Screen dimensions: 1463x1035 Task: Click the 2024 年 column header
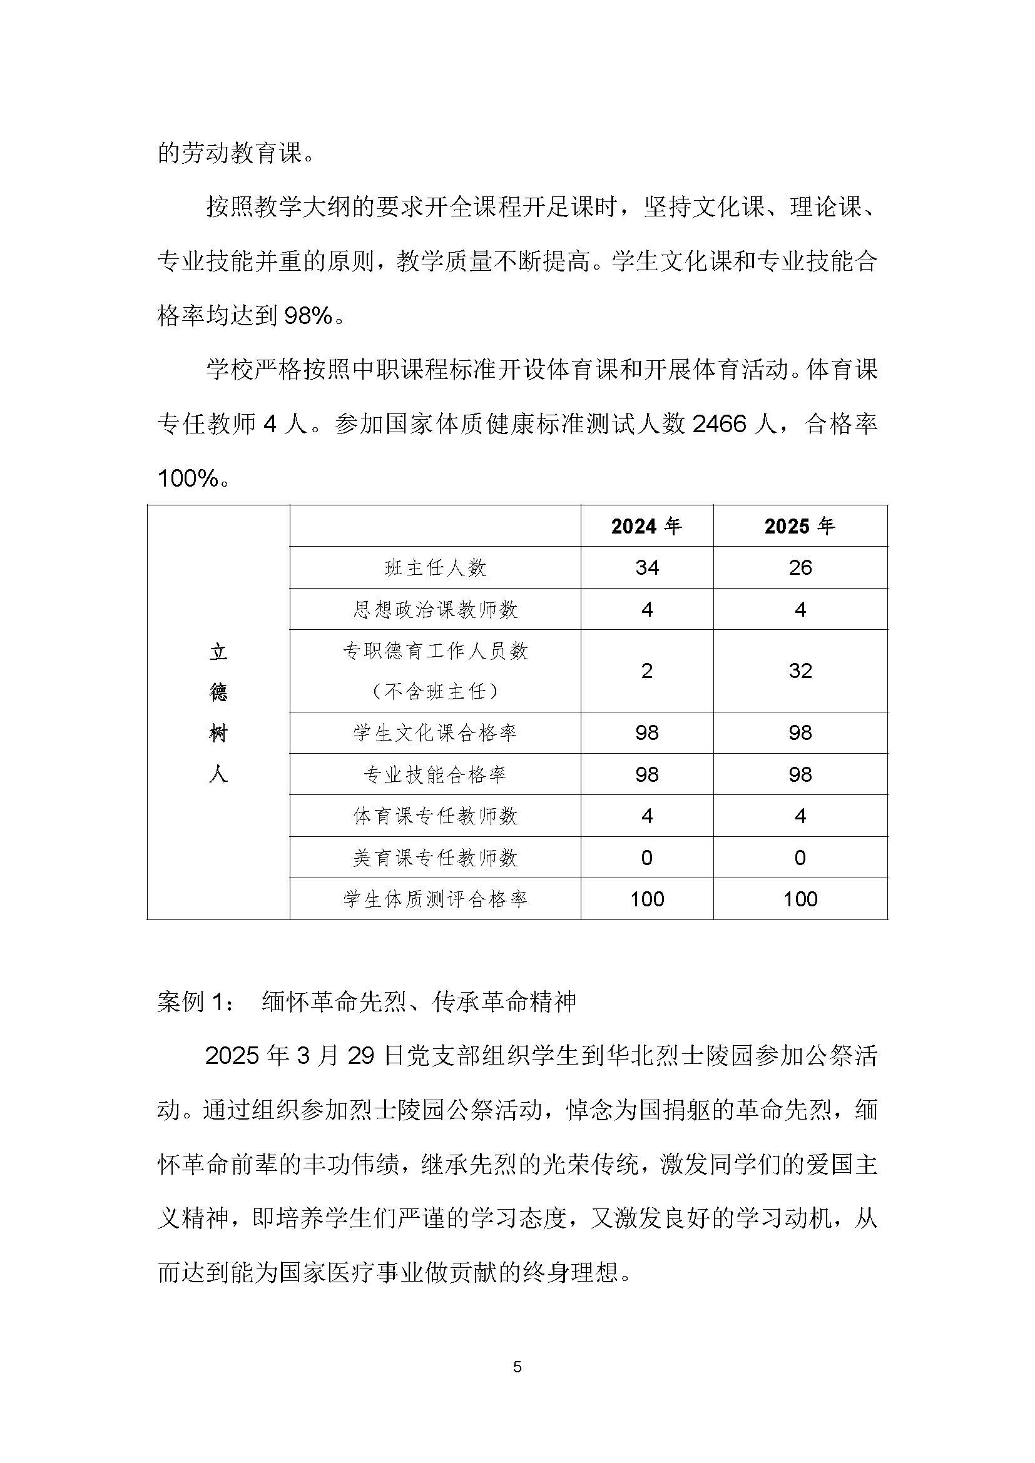click(x=646, y=526)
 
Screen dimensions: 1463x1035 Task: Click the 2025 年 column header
click(x=800, y=526)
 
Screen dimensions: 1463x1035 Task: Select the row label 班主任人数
click(x=436, y=568)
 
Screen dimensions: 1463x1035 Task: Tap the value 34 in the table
click(x=647, y=568)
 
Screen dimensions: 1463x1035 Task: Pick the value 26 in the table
click(x=800, y=568)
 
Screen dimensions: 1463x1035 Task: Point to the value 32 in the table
click(x=800, y=671)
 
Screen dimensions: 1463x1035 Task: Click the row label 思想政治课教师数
click(x=436, y=610)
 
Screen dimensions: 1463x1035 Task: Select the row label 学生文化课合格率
click(x=436, y=733)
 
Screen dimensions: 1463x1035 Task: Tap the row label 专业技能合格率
click(x=436, y=775)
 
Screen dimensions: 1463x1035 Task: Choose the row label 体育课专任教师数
click(x=436, y=816)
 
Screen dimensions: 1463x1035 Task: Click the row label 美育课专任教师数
click(x=436, y=858)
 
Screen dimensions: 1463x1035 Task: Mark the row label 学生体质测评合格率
click(x=436, y=899)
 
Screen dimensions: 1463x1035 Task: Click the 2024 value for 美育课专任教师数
click(x=647, y=858)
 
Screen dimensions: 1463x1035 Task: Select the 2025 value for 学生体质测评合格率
click(x=800, y=899)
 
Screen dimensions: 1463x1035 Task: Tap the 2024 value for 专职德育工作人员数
click(x=647, y=671)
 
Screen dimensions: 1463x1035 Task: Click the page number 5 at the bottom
click(x=517, y=1367)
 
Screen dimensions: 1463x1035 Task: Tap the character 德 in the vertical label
click(x=218, y=692)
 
